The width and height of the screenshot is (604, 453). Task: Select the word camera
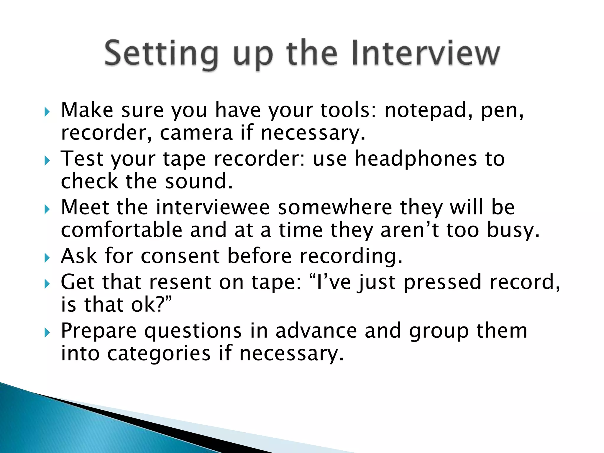196,133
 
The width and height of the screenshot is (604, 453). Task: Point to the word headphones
416,159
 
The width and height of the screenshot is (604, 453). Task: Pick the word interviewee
213,207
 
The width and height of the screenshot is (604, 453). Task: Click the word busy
513,231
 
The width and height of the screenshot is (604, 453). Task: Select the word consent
180,256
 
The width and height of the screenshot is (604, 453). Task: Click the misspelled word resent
180,282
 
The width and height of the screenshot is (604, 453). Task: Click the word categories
159,354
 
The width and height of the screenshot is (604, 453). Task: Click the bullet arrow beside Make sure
47,112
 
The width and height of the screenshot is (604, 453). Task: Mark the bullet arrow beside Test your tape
47,161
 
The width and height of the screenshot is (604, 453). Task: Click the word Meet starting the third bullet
85,207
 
